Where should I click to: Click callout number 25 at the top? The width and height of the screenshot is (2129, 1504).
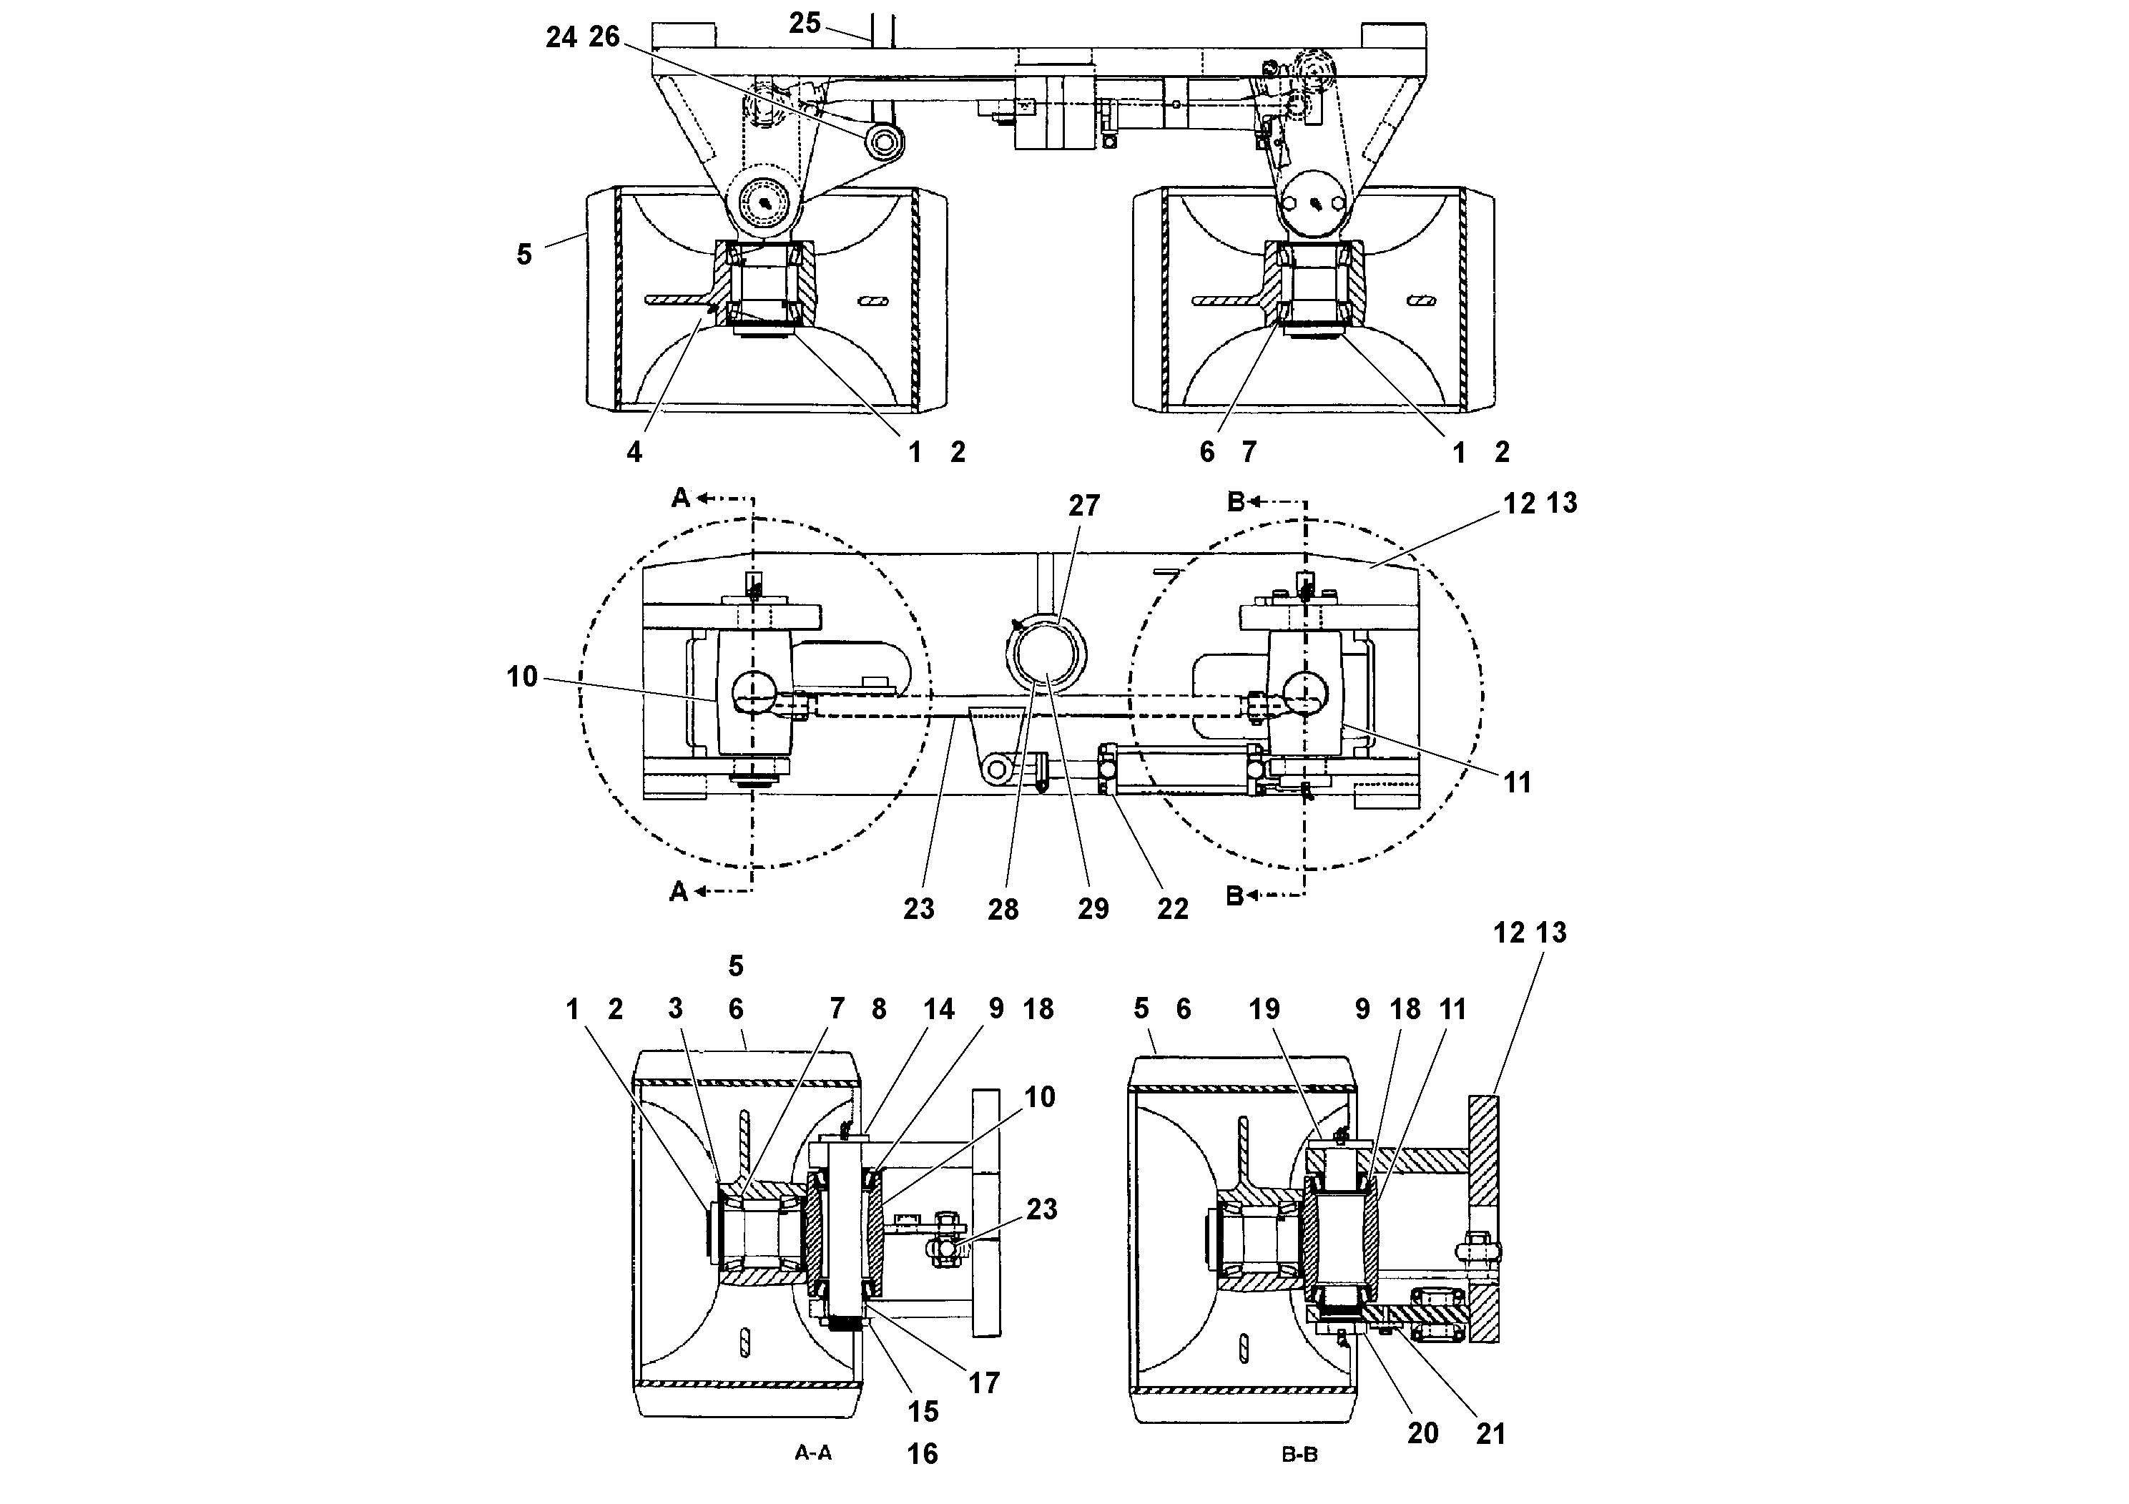(804, 22)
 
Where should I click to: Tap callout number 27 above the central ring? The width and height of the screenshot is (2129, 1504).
(1083, 506)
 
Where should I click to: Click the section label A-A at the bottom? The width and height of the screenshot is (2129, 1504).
(813, 1453)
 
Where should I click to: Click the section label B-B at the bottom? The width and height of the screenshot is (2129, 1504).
(1299, 1455)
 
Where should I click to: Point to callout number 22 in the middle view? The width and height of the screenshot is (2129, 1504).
(1172, 909)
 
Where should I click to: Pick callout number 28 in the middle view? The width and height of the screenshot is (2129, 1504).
(1003, 910)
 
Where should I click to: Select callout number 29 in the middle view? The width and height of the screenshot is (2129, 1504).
(1092, 909)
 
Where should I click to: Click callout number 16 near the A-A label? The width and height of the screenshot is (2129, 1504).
(922, 1453)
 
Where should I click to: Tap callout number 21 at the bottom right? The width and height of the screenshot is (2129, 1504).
(1490, 1433)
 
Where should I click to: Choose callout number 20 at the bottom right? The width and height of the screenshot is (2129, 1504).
(1422, 1432)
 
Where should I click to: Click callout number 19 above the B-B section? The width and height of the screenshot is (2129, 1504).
(1264, 1009)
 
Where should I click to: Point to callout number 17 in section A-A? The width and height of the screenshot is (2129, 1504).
(984, 1382)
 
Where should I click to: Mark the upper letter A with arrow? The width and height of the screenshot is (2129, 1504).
(681, 499)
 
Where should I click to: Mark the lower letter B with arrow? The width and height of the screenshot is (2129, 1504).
(1235, 895)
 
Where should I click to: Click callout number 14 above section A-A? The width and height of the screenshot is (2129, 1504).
(938, 1009)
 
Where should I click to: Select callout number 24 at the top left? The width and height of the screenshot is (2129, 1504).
(560, 37)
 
